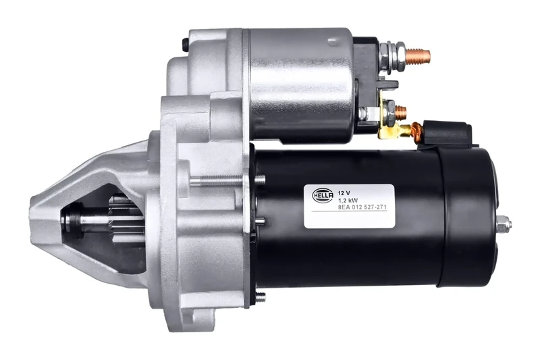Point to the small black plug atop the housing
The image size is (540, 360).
pyautogui.click(x=185, y=45)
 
